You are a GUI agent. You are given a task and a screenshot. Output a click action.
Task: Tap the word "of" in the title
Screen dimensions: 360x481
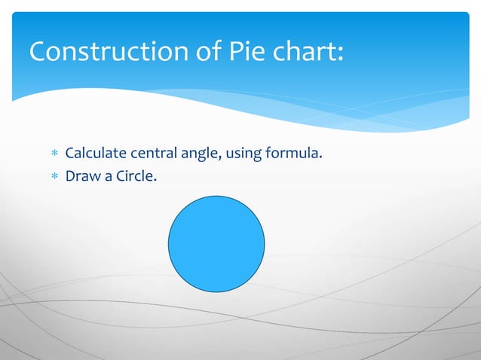pos(200,52)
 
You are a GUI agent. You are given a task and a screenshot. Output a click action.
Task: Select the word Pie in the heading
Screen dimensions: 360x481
pos(242,52)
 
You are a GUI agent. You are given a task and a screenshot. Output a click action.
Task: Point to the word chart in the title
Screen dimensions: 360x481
pos(302,52)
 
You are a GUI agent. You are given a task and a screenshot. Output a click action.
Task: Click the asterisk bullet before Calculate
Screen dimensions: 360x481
pos(54,155)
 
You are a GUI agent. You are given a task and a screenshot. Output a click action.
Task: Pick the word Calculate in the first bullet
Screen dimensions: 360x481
pos(96,154)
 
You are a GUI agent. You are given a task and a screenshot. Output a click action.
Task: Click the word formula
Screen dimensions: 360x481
pos(291,154)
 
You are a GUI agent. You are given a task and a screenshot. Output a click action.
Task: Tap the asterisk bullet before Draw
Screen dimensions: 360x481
pos(54,178)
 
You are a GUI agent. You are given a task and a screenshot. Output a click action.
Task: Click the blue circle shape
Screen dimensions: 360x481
pos(216,243)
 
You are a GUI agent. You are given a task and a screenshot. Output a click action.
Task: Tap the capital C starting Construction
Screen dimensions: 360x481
pos(38,52)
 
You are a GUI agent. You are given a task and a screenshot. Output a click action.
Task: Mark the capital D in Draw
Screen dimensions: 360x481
pos(71,178)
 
